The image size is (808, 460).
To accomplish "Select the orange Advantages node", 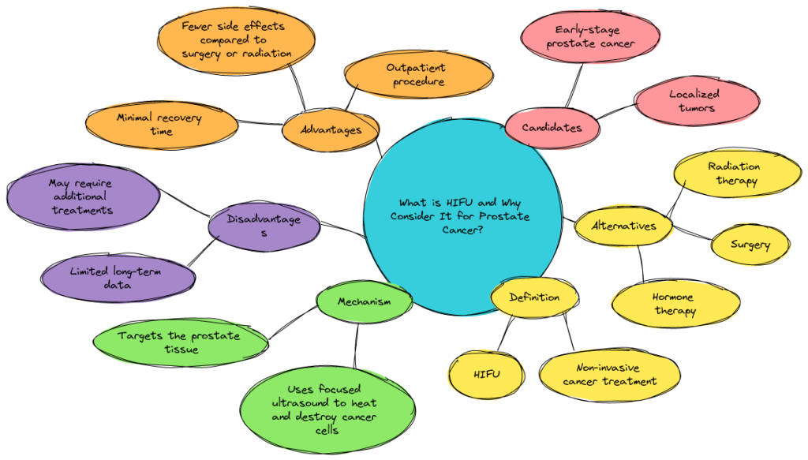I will tap(331, 129).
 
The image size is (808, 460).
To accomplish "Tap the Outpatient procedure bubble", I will tap(417, 76).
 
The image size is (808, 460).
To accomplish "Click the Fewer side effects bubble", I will tap(236, 39).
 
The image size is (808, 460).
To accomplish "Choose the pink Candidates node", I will tap(552, 127).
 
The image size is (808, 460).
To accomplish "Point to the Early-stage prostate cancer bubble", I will tap(589, 38).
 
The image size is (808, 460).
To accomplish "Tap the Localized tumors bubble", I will tap(695, 102).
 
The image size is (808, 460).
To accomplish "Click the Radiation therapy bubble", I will tap(734, 174).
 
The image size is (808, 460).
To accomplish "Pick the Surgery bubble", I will tap(750, 245).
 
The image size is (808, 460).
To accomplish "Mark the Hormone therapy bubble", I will tap(675, 304).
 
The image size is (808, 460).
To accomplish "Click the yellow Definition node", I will tap(534, 298).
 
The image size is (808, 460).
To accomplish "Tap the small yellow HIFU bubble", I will tap(486, 374).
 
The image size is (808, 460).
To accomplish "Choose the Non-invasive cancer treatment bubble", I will tap(609, 374).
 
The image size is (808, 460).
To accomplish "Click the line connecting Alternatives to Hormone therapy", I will tap(642, 263).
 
